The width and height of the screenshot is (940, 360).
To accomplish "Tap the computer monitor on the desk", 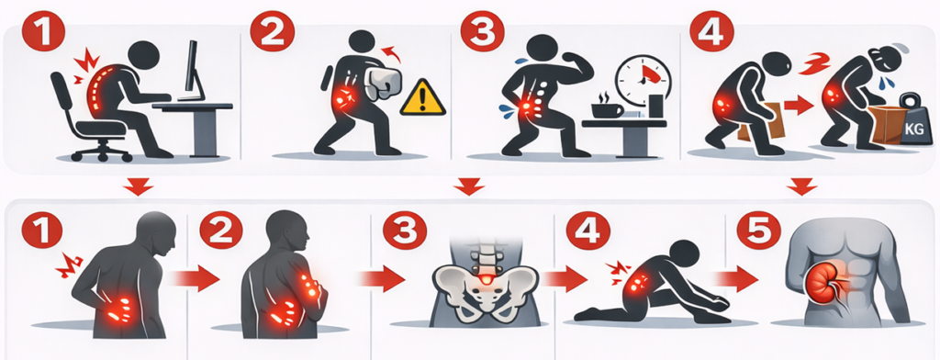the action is (194, 72).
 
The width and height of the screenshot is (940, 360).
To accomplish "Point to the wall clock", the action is (640, 80).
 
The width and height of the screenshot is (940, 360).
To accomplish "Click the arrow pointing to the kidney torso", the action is (735, 279).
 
